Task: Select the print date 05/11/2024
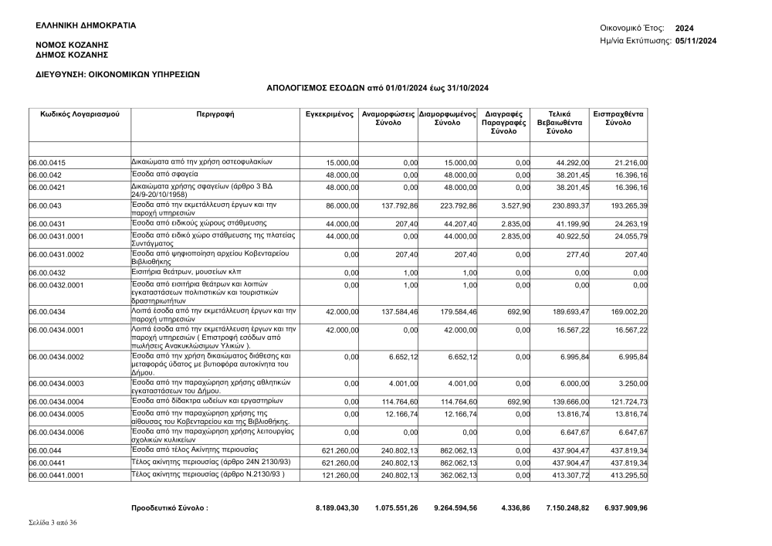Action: (696, 40)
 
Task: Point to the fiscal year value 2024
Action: (684, 28)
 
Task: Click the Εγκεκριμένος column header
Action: (330, 114)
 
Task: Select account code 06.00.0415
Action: (47, 163)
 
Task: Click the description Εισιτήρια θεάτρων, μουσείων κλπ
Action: (185, 272)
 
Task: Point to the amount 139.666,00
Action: (571, 402)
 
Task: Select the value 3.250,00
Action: (631, 384)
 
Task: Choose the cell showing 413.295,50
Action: (627, 476)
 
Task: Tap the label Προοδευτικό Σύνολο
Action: (171, 508)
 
